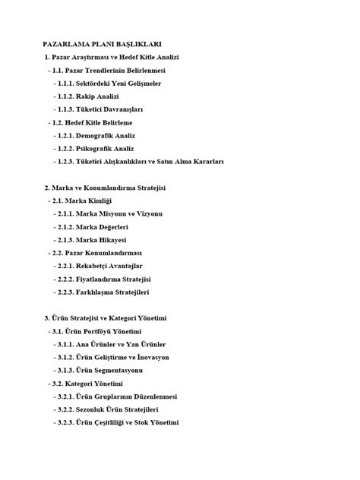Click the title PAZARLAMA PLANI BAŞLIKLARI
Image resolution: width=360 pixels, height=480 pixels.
click(x=103, y=45)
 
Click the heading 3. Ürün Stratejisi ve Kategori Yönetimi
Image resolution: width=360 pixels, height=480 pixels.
click(x=116, y=318)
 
